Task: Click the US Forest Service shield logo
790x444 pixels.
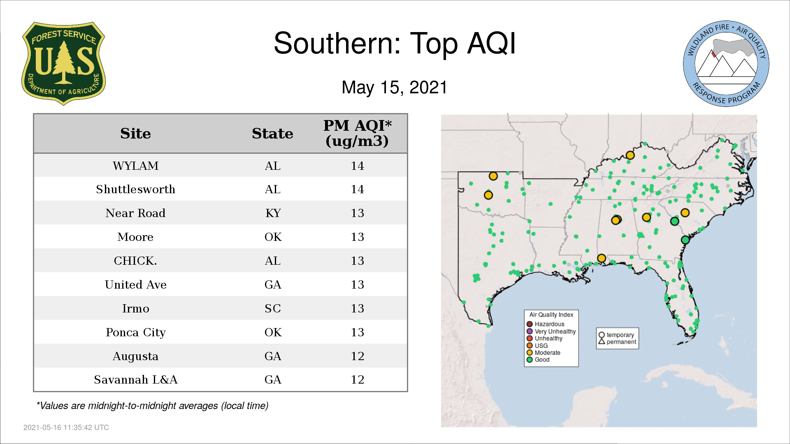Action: point(63,64)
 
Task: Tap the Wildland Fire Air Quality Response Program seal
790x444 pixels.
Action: point(726,64)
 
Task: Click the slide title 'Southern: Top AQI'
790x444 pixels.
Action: point(395,43)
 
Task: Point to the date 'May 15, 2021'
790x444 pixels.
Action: point(394,87)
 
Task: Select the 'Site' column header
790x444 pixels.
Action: point(135,134)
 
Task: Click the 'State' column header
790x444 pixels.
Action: point(272,134)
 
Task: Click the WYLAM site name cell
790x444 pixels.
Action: point(135,166)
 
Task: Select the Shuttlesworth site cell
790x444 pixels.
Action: point(135,189)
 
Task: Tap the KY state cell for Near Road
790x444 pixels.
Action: point(273,213)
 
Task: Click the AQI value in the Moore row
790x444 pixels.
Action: point(357,237)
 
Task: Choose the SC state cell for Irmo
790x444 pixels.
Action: point(273,308)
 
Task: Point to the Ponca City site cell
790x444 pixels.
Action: point(135,332)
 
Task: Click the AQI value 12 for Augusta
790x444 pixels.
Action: point(357,356)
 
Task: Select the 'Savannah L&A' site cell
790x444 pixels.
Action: point(135,379)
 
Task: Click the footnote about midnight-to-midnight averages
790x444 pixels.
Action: point(152,406)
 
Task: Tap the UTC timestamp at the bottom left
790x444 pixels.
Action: point(66,428)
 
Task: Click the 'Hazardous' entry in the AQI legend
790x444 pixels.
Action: point(546,324)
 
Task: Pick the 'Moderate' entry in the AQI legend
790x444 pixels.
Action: point(544,353)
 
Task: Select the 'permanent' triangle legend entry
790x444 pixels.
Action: point(617,342)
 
